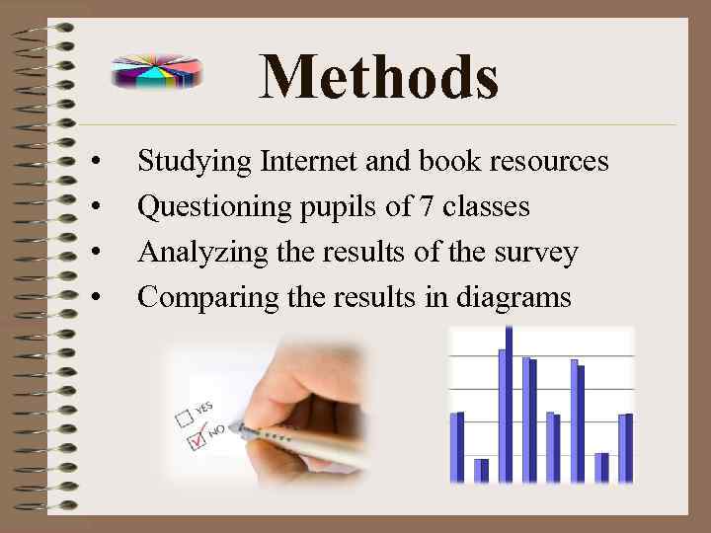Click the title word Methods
[x=378, y=77]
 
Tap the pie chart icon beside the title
[x=157, y=72]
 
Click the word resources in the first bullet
[x=550, y=160]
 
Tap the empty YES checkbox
[x=183, y=415]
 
